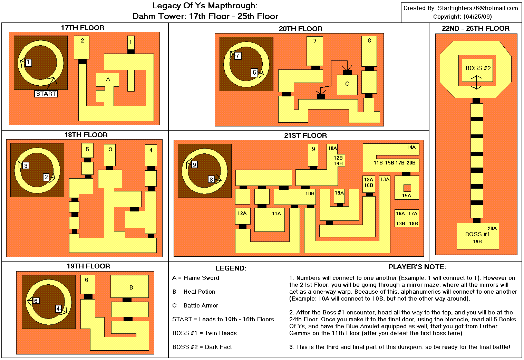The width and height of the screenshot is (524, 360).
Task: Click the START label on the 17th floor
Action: coord(46,94)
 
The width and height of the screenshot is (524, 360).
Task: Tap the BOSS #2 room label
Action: coord(478,68)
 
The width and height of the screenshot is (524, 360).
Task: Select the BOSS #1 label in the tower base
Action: coord(477,234)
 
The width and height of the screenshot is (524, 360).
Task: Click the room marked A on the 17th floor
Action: coord(108,79)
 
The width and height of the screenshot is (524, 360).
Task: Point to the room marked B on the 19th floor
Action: coord(131,287)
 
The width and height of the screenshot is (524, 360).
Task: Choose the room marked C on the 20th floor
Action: coord(347,84)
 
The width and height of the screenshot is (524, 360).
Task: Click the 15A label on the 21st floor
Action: coord(407,196)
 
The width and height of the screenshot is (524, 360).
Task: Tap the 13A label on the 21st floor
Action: coord(385,179)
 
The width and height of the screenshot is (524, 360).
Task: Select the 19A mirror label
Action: coord(339,193)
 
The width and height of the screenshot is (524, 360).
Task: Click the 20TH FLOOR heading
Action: coord(301,29)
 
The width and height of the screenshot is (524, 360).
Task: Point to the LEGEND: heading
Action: coord(231,268)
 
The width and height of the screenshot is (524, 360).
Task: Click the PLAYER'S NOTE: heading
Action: coord(417,267)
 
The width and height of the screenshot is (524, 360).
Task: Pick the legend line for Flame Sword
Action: coord(196,278)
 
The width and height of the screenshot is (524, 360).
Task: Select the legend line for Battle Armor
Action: coord(195,305)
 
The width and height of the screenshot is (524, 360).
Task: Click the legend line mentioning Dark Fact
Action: coord(202,347)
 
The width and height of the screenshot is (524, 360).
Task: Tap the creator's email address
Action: coord(478,8)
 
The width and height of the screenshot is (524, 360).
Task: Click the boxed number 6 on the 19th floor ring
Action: coord(36,301)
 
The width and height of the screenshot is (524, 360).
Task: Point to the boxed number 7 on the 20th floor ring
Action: coord(237,56)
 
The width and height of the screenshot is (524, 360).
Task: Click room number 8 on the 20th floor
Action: coord(369,40)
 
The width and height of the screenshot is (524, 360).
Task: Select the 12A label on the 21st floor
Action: coord(242,213)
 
